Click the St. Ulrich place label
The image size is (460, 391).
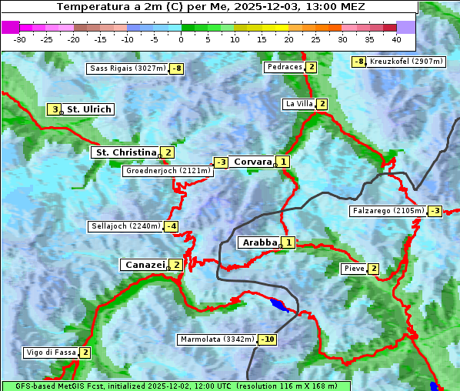pos(88,109)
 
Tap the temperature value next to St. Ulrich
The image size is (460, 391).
pos(54,109)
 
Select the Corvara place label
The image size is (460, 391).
pos(252,162)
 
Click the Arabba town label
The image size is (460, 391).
pos(259,242)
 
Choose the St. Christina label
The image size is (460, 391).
pos(125,152)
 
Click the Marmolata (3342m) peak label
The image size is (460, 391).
pos(217,339)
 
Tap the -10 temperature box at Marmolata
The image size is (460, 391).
pos(268,339)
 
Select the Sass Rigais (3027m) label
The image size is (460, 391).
pos(128,69)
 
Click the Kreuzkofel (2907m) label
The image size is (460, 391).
pos(405,62)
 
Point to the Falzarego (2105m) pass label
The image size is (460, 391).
pos(388,211)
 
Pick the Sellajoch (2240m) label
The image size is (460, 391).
pos(125,226)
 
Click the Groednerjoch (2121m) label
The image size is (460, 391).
pos(167,171)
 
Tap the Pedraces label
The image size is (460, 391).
pos(284,68)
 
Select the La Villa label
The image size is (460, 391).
pos(298,104)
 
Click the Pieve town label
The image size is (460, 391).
pos(354,269)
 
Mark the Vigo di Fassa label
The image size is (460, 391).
pos(51,353)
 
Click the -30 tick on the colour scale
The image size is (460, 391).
pos(20,39)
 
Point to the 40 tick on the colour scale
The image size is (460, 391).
pos(396,39)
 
